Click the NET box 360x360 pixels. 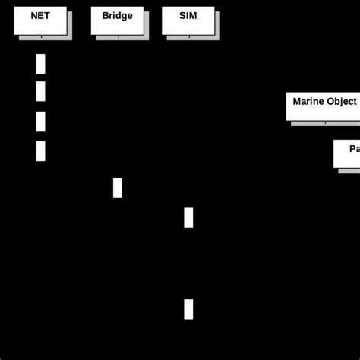[x=40, y=21]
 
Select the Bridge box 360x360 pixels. [x=117, y=21]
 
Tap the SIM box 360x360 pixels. [x=188, y=21]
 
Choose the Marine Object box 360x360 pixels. [x=323, y=106]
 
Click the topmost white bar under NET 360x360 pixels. [x=40, y=64]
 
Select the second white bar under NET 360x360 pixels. [x=40, y=91]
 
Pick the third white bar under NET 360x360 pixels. [x=40, y=122]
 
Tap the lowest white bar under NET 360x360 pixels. [x=40, y=151]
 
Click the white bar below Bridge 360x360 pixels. [x=118, y=188]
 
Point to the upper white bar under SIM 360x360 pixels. [x=188, y=217]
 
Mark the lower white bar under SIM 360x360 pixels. [x=188, y=309]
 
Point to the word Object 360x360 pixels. [x=343, y=101]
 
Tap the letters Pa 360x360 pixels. [x=354, y=149]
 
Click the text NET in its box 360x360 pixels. [x=40, y=15]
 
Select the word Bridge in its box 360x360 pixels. [x=117, y=15]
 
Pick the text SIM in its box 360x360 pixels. [x=188, y=15]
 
